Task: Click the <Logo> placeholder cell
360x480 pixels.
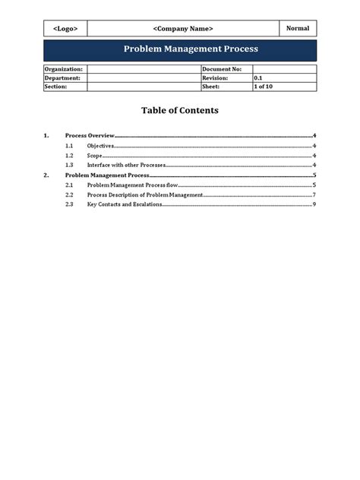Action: click(65, 29)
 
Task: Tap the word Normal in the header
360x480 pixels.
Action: click(298, 28)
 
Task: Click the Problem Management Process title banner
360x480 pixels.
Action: click(180, 49)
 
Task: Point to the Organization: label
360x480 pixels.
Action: click(64, 69)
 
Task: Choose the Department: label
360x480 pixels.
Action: click(62, 77)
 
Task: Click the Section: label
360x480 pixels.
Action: click(56, 87)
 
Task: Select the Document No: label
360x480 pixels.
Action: click(222, 69)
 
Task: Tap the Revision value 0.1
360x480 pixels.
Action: click(258, 77)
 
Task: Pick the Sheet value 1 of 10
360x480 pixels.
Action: click(264, 87)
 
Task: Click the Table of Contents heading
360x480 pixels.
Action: click(180, 111)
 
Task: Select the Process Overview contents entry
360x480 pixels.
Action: click(90, 135)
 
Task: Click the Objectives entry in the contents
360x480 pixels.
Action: click(100, 145)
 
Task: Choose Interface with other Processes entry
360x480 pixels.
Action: click(126, 165)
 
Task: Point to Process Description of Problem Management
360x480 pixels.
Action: click(145, 194)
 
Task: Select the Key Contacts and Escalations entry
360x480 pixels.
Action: click(125, 204)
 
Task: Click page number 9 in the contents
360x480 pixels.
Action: click(314, 204)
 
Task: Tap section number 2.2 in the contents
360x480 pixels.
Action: click(69, 194)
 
